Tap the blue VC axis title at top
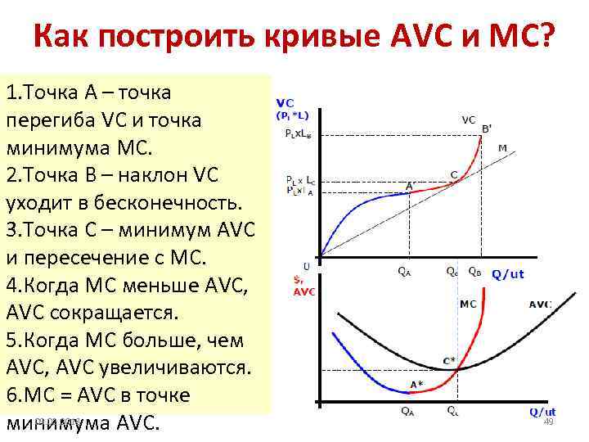pos(286,103)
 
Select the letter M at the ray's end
pos(502,147)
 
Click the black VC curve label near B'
pos(468,120)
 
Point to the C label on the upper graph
pos(454,174)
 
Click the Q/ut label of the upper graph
pos(507,274)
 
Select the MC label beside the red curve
pos(468,304)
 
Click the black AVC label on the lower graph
pos(540,304)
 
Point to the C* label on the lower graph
pos(449,360)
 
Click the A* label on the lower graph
pos(416,385)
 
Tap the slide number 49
pos(549,422)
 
